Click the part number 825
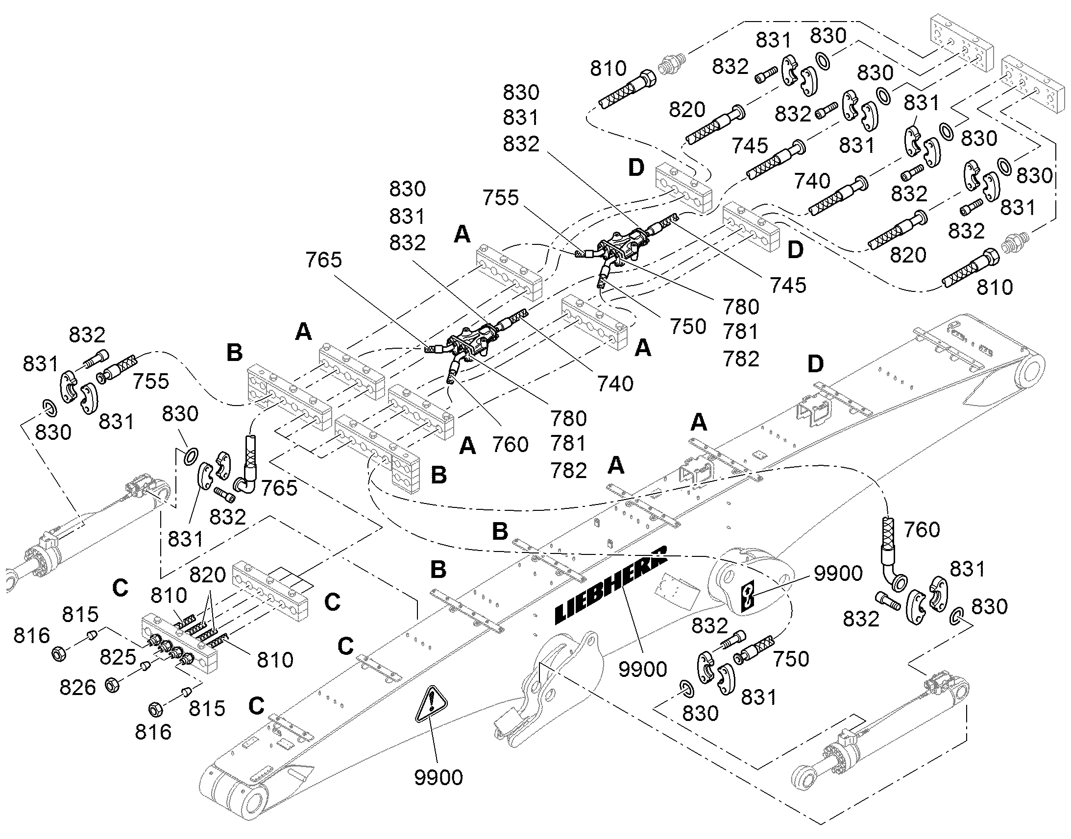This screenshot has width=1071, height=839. [118, 656]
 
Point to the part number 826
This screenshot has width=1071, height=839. [77, 687]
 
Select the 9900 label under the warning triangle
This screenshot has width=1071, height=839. [438, 777]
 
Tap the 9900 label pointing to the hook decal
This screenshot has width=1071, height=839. [838, 573]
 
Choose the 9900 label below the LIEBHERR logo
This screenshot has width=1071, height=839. [643, 669]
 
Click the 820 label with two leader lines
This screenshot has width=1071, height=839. [208, 574]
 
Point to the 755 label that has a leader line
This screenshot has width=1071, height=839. [500, 197]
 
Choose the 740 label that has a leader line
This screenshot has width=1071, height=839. [615, 383]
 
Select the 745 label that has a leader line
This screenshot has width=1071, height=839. [788, 285]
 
